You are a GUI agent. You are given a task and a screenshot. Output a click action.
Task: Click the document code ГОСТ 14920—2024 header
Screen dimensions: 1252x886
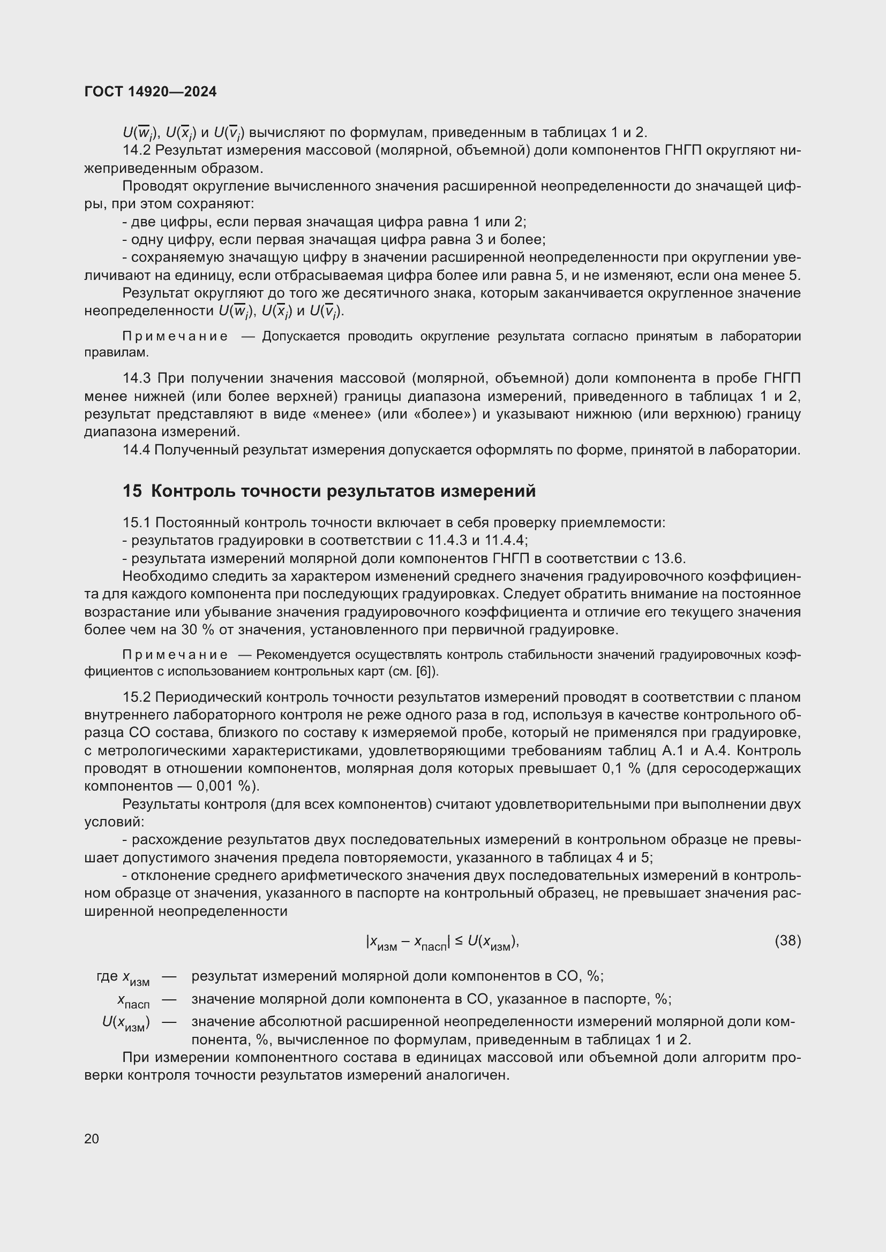pyautogui.click(x=151, y=92)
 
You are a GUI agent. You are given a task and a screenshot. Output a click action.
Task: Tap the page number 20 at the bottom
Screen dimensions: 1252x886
pyautogui.click(x=92, y=1139)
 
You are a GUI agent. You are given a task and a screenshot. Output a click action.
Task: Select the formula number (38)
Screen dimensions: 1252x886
pyautogui.click(x=787, y=940)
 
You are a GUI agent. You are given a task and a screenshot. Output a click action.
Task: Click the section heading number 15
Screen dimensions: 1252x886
pyautogui.click(x=132, y=491)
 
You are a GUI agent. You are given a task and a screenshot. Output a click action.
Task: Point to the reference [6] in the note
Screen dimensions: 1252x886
pyautogui.click(x=423, y=672)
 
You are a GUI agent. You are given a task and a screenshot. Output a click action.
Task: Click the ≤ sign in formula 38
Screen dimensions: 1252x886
pyautogui.click(x=459, y=941)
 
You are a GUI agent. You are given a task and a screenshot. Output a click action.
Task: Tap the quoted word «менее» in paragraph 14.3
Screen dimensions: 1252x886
pyautogui.click(x=341, y=414)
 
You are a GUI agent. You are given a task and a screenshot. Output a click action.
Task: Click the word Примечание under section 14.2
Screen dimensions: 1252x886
pyautogui.click(x=175, y=337)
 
